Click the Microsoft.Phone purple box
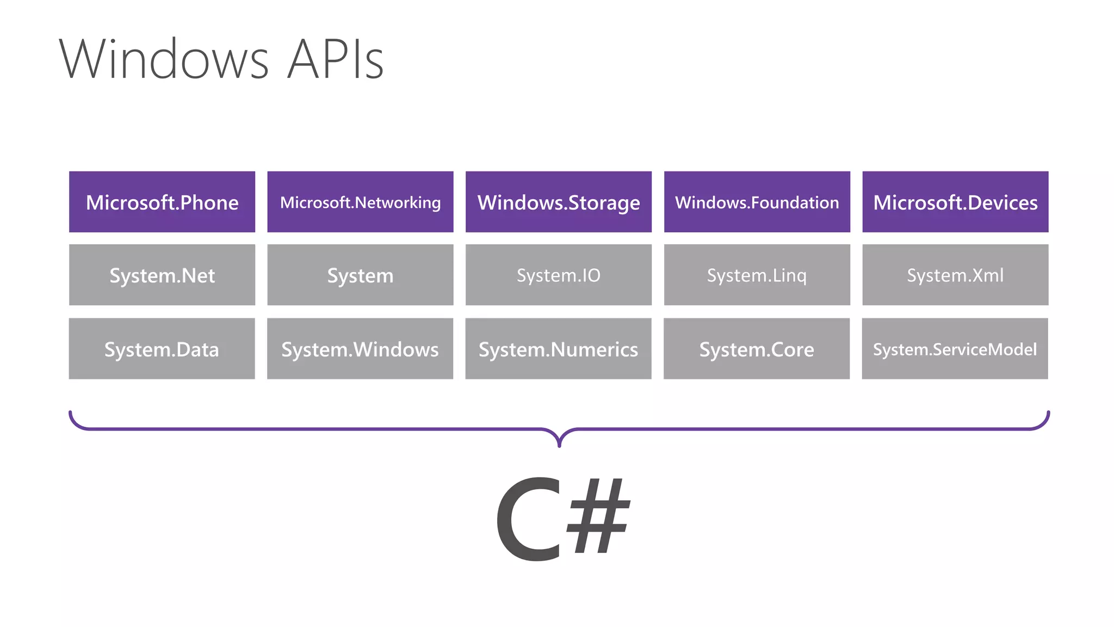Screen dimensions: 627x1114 162,202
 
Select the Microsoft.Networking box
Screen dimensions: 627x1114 360,202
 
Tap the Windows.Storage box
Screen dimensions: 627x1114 559,202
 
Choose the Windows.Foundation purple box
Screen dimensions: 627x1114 757,202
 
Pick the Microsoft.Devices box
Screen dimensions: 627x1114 955,202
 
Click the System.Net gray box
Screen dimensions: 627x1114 162,275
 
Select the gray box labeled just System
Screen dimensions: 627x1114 360,275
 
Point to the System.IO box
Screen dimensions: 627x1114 559,275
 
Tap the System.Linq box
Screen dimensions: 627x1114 757,275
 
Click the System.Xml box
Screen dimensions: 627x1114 955,275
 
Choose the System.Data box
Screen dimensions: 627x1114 162,349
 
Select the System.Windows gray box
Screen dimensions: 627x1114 360,349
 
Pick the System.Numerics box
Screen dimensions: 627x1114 559,349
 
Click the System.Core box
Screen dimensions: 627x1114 757,349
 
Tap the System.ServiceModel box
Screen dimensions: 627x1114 955,349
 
